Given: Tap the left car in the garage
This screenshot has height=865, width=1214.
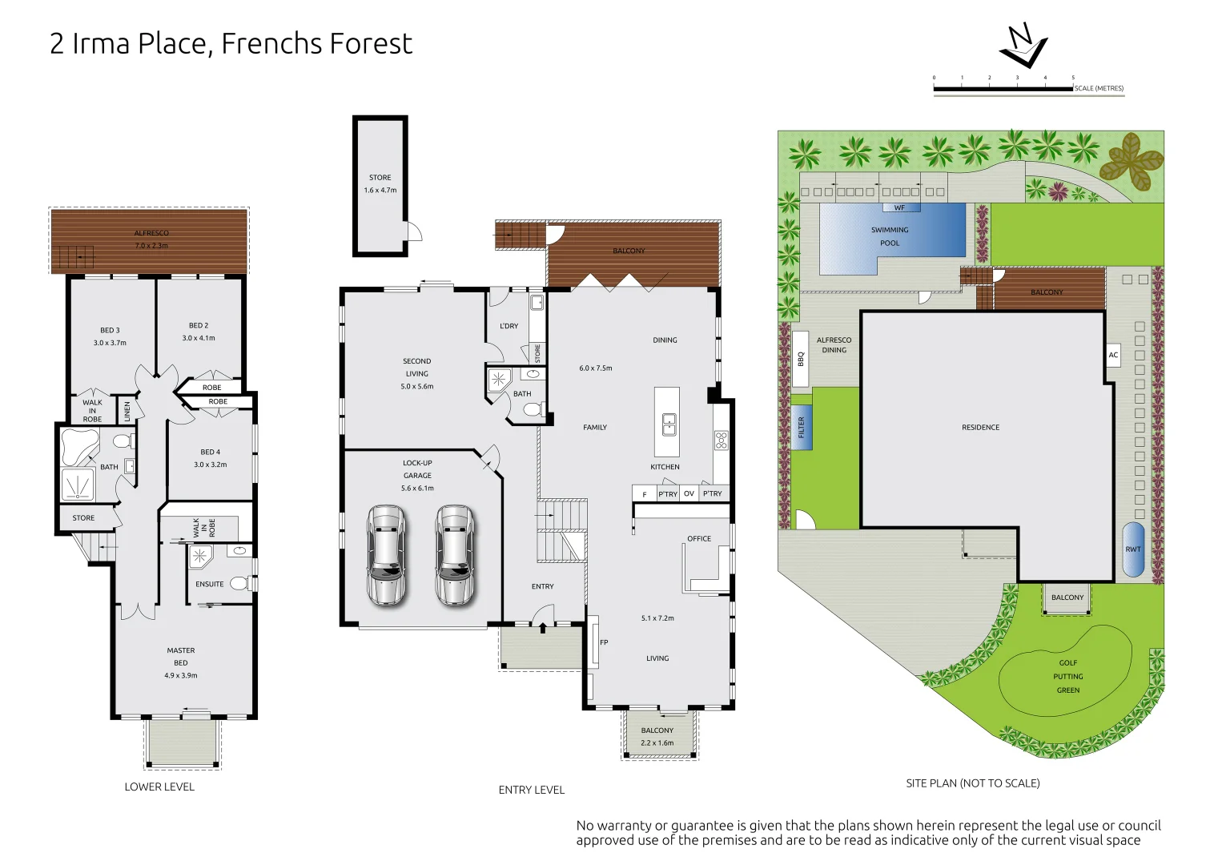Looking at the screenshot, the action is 386,555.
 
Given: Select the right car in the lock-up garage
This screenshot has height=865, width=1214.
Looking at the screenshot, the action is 455,555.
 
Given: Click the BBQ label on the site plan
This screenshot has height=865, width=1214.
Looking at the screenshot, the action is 801,359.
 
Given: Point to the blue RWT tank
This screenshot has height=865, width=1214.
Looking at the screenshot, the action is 1132,549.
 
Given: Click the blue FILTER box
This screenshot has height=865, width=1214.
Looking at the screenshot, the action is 802,427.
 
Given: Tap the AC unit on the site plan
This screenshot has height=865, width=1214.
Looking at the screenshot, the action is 1113,355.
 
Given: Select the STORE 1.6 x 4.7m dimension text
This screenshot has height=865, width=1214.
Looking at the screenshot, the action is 380,191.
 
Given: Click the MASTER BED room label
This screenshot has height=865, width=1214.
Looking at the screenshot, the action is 180,656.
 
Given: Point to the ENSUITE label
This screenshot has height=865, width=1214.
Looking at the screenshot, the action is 209,584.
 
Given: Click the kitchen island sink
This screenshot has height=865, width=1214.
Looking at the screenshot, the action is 669,424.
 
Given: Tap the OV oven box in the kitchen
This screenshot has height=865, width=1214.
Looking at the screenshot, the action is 689,493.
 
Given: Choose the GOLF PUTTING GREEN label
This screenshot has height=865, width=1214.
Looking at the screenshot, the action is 1067,677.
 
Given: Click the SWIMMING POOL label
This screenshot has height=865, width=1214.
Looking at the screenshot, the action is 890,236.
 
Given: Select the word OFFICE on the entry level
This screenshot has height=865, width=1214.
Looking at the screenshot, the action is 698,538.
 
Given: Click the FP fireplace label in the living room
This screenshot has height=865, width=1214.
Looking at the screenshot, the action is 604,642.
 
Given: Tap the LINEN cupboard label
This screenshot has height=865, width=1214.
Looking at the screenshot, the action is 127,412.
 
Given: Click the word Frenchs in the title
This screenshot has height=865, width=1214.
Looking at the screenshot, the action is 268,43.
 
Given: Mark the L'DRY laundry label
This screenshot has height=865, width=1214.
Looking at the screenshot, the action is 509,326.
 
